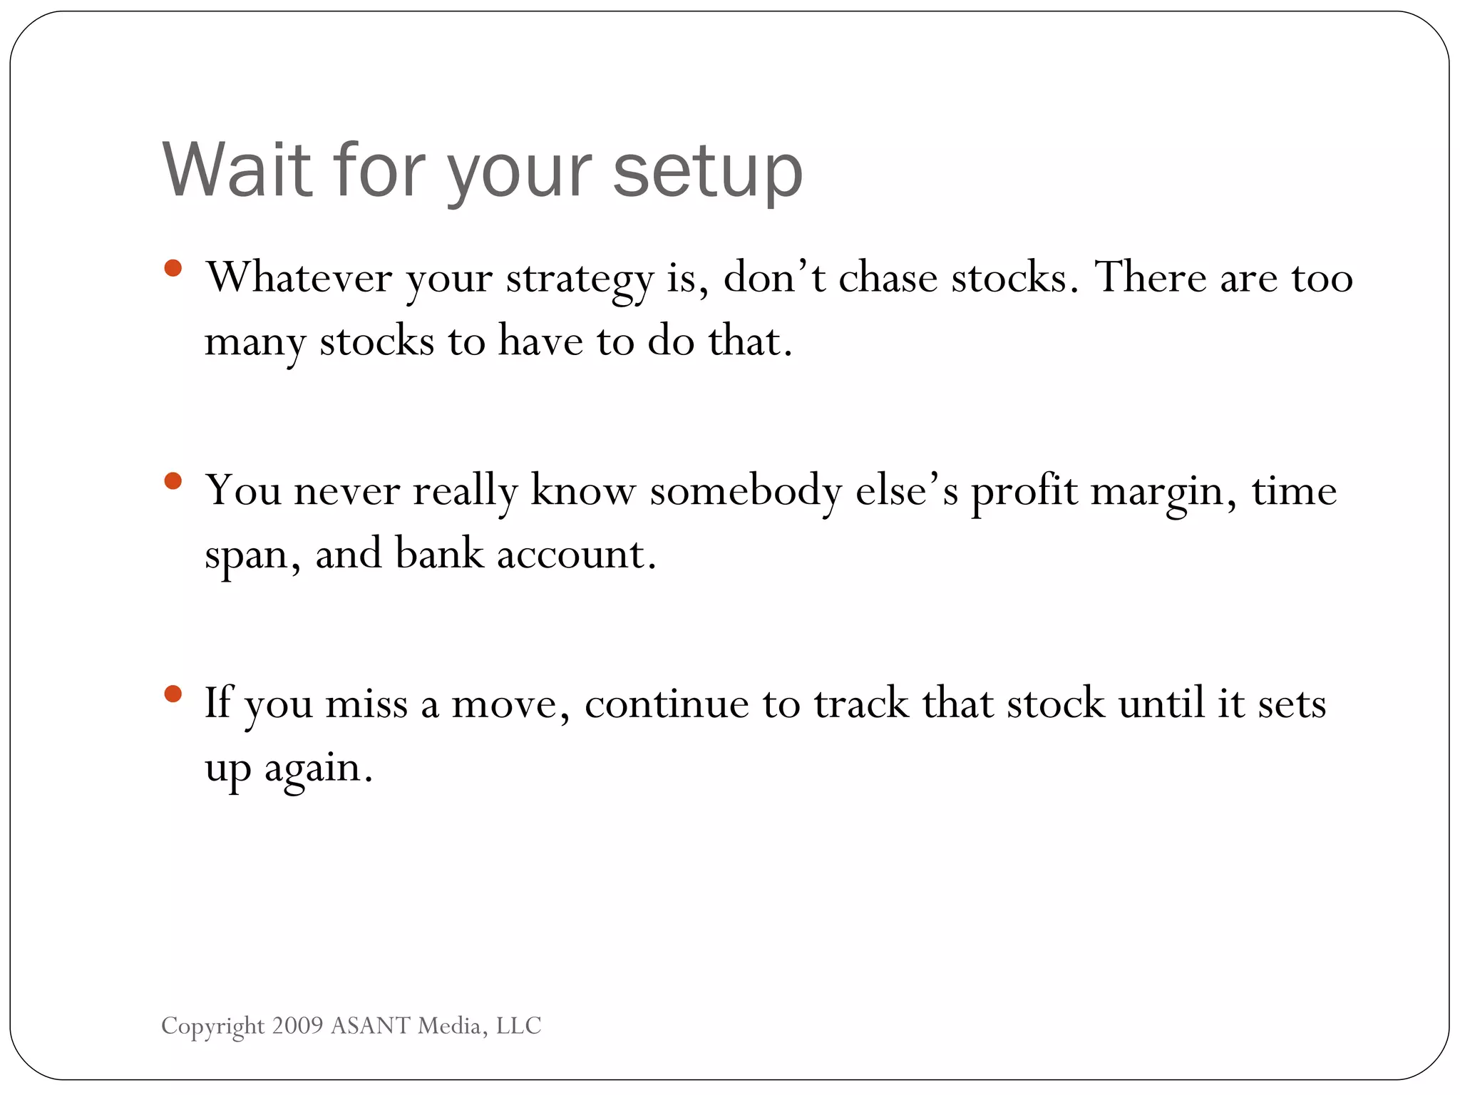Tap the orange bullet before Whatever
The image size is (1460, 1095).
(x=173, y=268)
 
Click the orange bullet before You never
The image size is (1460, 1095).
(x=173, y=481)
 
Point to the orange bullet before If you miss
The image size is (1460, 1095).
(x=173, y=694)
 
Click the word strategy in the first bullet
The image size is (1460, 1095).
(x=580, y=279)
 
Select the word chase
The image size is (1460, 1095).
(x=888, y=277)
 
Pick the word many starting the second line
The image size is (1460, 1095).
(x=255, y=343)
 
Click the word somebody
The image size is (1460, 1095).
(x=746, y=491)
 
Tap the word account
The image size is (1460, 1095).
(x=575, y=555)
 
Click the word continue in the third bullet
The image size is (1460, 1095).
(x=666, y=704)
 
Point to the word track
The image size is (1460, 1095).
(x=860, y=704)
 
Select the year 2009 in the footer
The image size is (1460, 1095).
(x=297, y=1025)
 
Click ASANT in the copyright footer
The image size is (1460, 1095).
(x=371, y=1025)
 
